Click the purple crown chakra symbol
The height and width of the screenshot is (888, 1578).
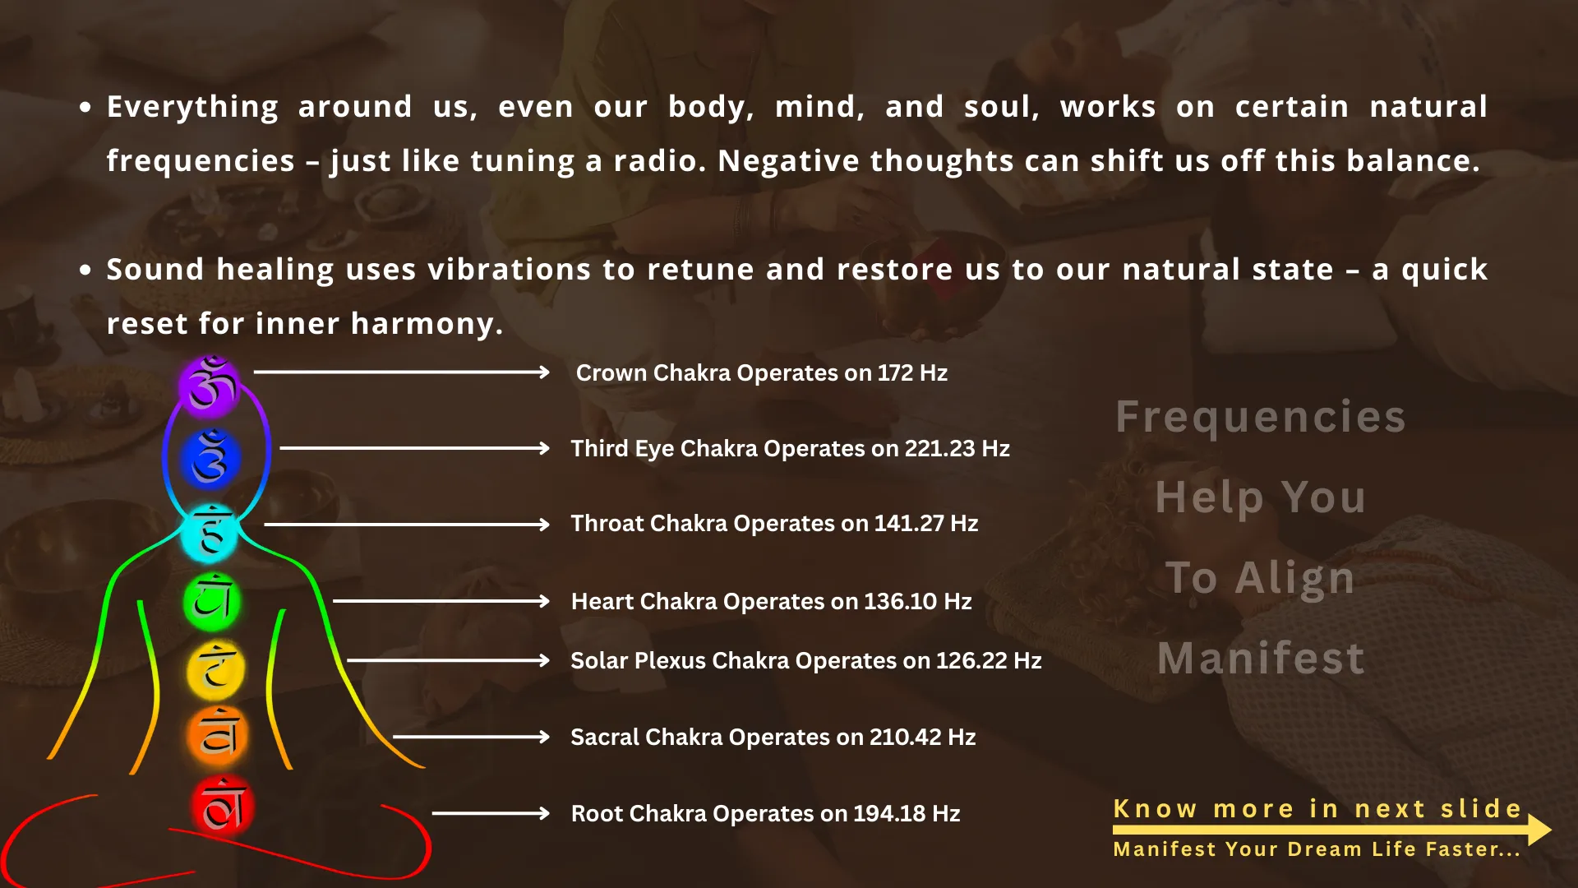210,384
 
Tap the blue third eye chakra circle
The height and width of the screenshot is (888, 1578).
211,458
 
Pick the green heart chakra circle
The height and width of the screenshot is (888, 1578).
212,602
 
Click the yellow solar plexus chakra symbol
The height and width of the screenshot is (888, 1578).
215,669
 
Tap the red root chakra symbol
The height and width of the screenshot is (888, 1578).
223,806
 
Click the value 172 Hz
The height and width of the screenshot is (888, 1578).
912,373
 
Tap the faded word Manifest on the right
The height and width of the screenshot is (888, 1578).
1261,659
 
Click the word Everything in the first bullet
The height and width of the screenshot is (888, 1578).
192,108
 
